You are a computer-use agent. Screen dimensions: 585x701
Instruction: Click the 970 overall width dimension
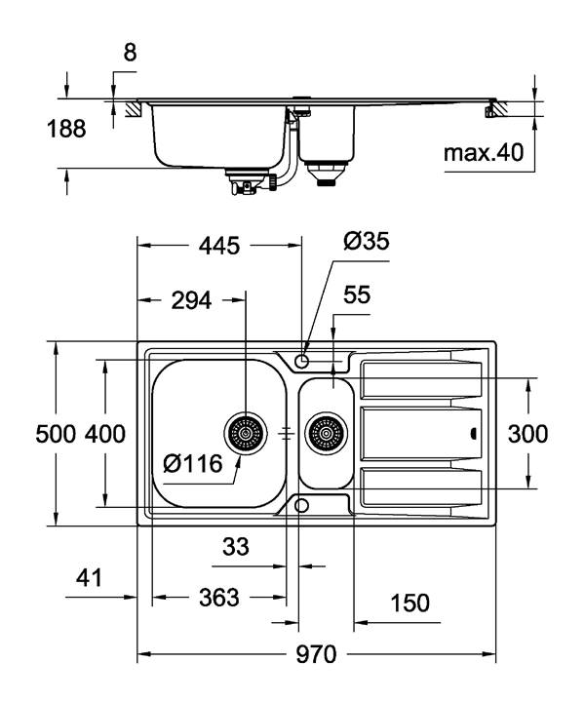[316, 654]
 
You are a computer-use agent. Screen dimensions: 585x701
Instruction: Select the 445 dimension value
[219, 246]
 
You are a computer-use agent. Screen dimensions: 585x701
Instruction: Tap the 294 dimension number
[191, 300]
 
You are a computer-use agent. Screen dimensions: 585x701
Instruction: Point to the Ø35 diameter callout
[367, 241]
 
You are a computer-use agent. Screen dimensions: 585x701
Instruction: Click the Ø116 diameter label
[193, 464]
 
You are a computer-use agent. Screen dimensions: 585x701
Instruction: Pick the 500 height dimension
[56, 434]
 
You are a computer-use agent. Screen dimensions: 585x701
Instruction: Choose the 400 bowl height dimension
[105, 434]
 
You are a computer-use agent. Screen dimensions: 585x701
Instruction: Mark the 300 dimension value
[527, 434]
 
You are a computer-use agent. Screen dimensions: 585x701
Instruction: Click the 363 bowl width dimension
[219, 598]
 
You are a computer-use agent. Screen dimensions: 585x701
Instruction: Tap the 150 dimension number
[410, 603]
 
